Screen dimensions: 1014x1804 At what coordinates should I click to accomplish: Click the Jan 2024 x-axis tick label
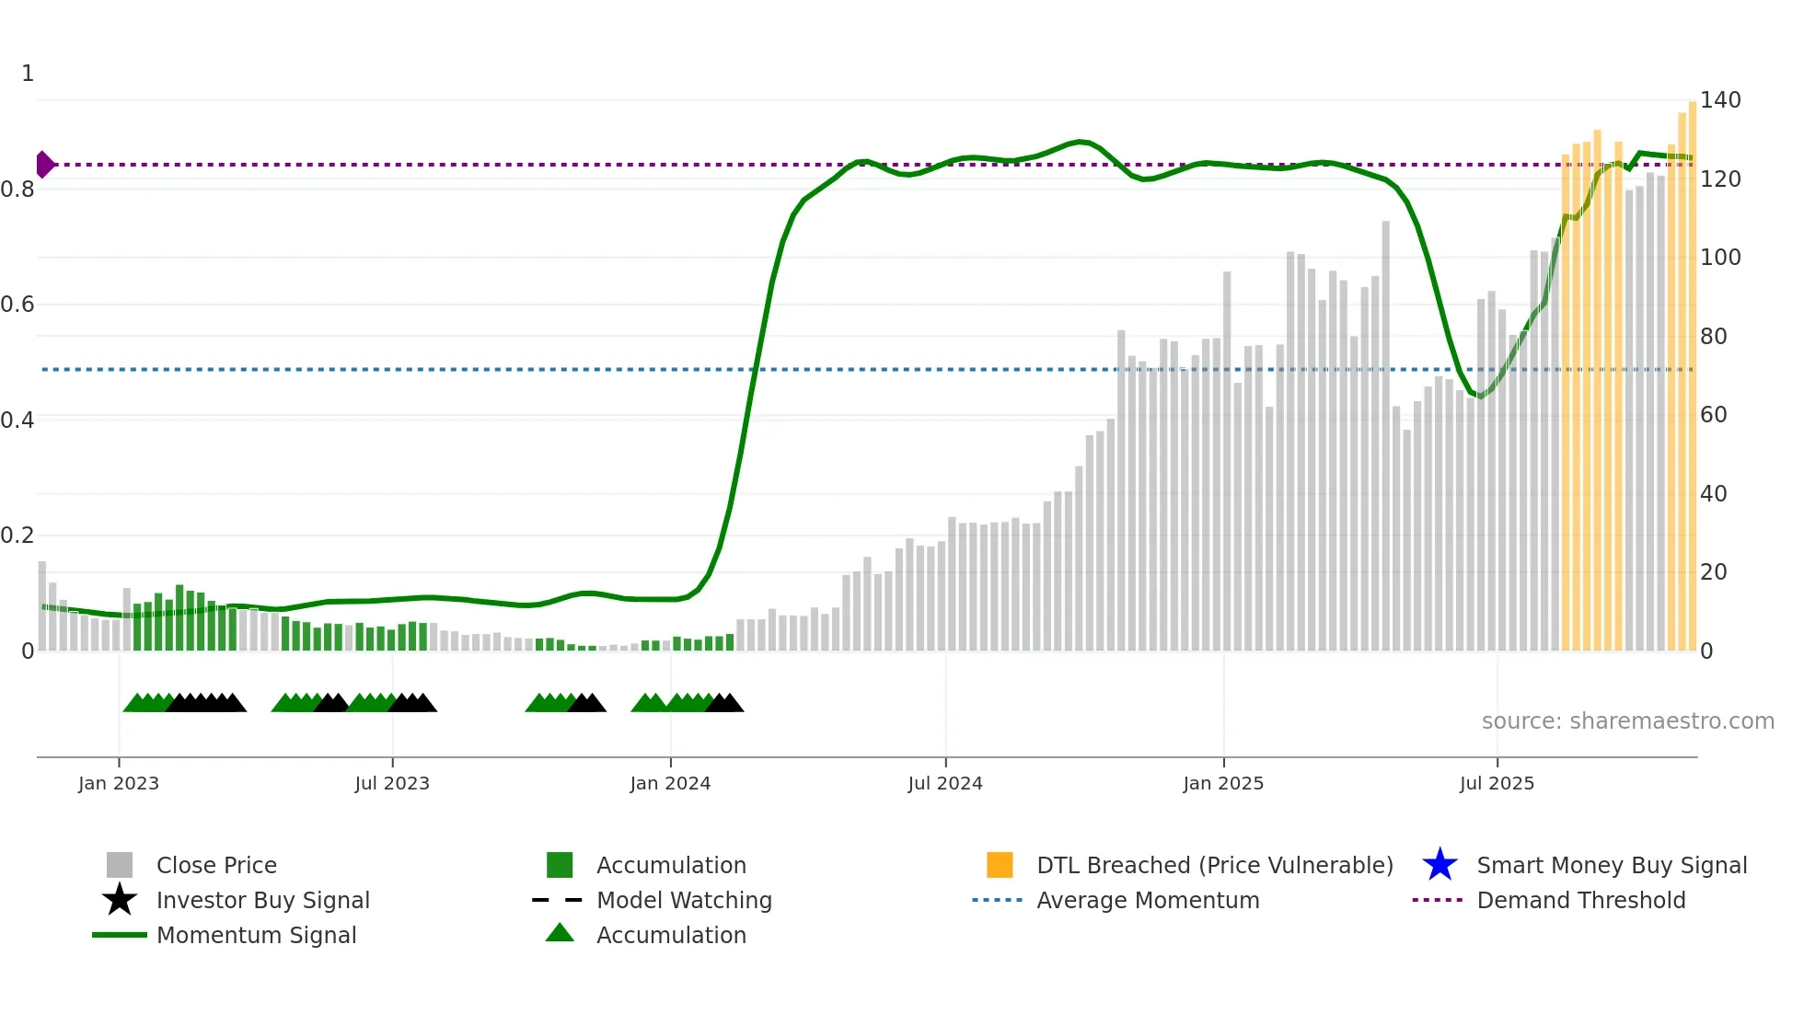(670, 783)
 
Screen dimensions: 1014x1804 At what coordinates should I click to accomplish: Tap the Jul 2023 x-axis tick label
(392, 783)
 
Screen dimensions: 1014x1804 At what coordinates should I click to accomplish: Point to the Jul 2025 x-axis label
(1497, 783)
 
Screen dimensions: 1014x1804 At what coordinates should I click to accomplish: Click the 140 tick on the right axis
(1719, 99)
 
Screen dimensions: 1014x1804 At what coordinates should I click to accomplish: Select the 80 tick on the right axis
(1713, 336)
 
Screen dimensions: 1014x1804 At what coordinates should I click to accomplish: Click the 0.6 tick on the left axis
(17, 304)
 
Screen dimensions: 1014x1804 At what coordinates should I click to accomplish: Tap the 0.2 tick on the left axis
(17, 535)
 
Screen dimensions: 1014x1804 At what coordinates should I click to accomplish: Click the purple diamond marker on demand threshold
(44, 165)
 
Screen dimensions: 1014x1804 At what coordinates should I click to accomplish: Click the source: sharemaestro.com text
(1627, 720)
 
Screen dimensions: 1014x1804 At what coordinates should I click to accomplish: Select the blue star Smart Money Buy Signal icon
(1440, 865)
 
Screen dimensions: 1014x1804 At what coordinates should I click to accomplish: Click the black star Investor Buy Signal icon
(120, 900)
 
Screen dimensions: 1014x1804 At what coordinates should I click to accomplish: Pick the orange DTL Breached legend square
(1000, 865)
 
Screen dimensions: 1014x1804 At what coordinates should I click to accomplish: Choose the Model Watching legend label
(684, 900)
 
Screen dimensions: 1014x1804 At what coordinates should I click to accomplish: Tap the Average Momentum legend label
(1148, 900)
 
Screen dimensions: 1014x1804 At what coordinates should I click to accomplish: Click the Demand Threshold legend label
(1580, 900)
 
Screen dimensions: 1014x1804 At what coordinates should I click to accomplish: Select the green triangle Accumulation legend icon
(560, 934)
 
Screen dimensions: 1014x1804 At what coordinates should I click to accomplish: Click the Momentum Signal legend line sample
(120, 935)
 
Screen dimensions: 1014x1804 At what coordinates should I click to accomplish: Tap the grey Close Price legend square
(120, 865)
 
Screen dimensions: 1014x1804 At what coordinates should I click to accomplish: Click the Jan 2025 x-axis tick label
(1223, 783)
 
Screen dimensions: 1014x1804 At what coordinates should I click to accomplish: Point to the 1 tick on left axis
(28, 73)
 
